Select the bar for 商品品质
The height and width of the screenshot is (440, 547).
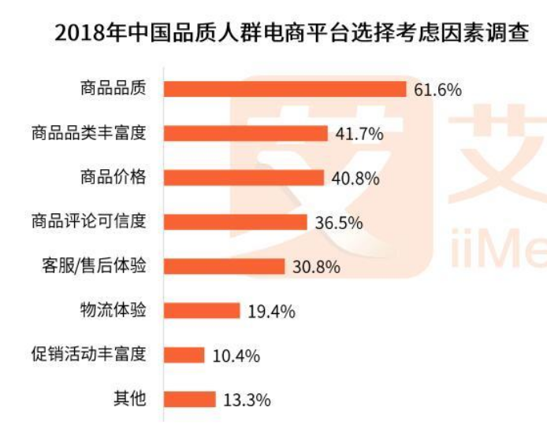(x=285, y=89)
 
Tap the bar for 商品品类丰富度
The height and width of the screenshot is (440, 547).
(x=245, y=133)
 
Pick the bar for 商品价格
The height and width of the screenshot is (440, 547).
(x=244, y=177)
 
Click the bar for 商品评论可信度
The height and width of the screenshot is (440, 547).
(x=235, y=222)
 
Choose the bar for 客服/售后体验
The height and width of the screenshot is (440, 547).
(x=224, y=266)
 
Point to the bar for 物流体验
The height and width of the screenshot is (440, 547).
(x=201, y=311)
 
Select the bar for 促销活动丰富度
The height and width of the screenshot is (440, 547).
(x=184, y=355)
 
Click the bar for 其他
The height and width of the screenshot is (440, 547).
(x=189, y=400)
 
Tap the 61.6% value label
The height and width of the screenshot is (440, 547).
(x=437, y=90)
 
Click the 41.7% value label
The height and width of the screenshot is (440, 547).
(x=359, y=134)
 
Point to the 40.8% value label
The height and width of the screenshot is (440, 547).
(x=355, y=178)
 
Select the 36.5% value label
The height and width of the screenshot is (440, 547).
(x=338, y=223)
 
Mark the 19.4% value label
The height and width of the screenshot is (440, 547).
(x=271, y=312)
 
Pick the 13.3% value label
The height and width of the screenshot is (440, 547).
(x=247, y=401)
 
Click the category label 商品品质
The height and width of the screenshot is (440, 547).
(x=113, y=89)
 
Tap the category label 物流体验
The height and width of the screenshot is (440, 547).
(x=113, y=310)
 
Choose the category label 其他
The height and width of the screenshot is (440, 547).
(x=130, y=399)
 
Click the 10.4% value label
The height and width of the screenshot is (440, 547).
(x=236, y=356)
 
